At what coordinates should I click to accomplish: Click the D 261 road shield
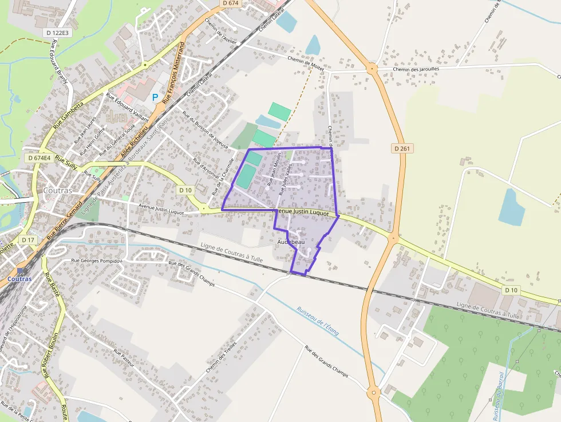click(403, 148)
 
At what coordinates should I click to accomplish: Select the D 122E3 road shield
click(57, 33)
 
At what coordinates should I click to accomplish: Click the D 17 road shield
click(27, 239)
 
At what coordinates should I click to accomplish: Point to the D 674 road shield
click(230, 3)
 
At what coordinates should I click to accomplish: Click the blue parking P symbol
click(155, 98)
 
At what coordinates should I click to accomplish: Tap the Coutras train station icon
click(21, 270)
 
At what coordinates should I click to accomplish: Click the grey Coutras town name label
click(58, 190)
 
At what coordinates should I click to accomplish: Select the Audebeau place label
click(291, 242)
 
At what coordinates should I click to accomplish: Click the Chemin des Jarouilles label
click(416, 69)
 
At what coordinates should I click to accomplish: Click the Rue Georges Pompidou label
click(97, 261)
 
